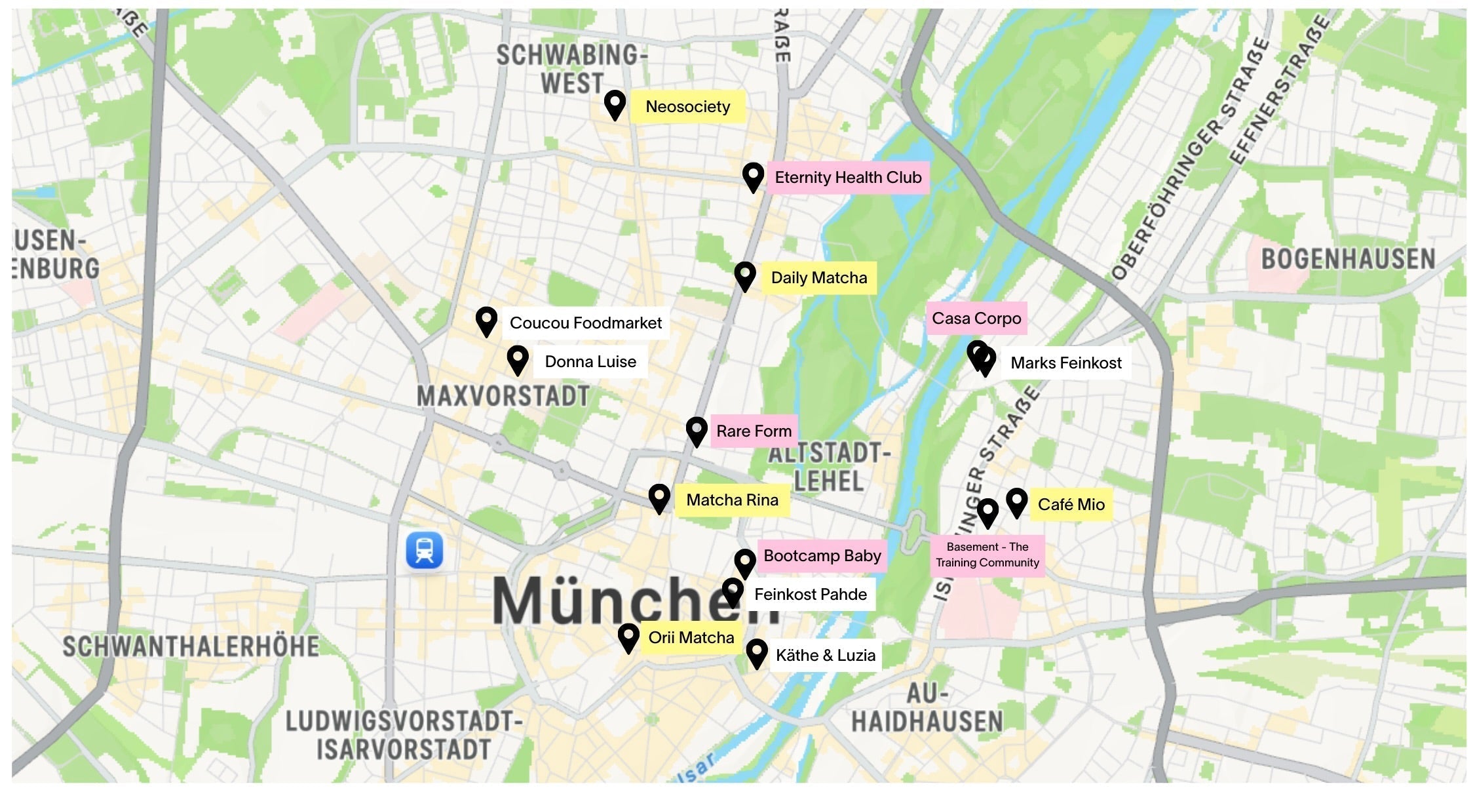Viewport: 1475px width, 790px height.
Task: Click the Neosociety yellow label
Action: click(x=687, y=107)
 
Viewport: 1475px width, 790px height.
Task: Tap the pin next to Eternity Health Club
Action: click(x=753, y=176)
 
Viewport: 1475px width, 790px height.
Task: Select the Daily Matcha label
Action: click(x=818, y=278)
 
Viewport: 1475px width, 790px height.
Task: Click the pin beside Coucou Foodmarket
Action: click(x=486, y=321)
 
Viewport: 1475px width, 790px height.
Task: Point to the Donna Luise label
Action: click(x=590, y=362)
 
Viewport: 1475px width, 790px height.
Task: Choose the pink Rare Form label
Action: click(x=754, y=431)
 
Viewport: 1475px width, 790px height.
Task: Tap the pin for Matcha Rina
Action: click(x=659, y=498)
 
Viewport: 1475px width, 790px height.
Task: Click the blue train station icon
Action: click(x=425, y=549)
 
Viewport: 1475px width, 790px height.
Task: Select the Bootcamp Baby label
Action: click(x=822, y=556)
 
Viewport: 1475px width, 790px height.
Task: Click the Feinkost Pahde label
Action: click(x=810, y=595)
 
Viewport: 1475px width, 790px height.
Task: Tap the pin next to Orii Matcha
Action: click(x=628, y=637)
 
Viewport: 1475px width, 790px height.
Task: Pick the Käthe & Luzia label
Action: click(x=825, y=656)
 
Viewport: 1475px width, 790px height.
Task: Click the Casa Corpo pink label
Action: click(x=976, y=319)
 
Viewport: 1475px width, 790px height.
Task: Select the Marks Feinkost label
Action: click(x=1065, y=363)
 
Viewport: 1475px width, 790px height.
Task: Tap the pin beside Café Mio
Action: click(x=1016, y=502)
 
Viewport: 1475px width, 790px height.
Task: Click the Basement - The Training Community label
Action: click(x=987, y=555)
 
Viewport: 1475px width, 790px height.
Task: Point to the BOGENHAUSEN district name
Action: click(x=1348, y=260)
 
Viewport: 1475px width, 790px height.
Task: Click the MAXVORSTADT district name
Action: click(x=503, y=396)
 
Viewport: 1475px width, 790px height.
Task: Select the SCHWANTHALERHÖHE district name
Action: click(x=191, y=646)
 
